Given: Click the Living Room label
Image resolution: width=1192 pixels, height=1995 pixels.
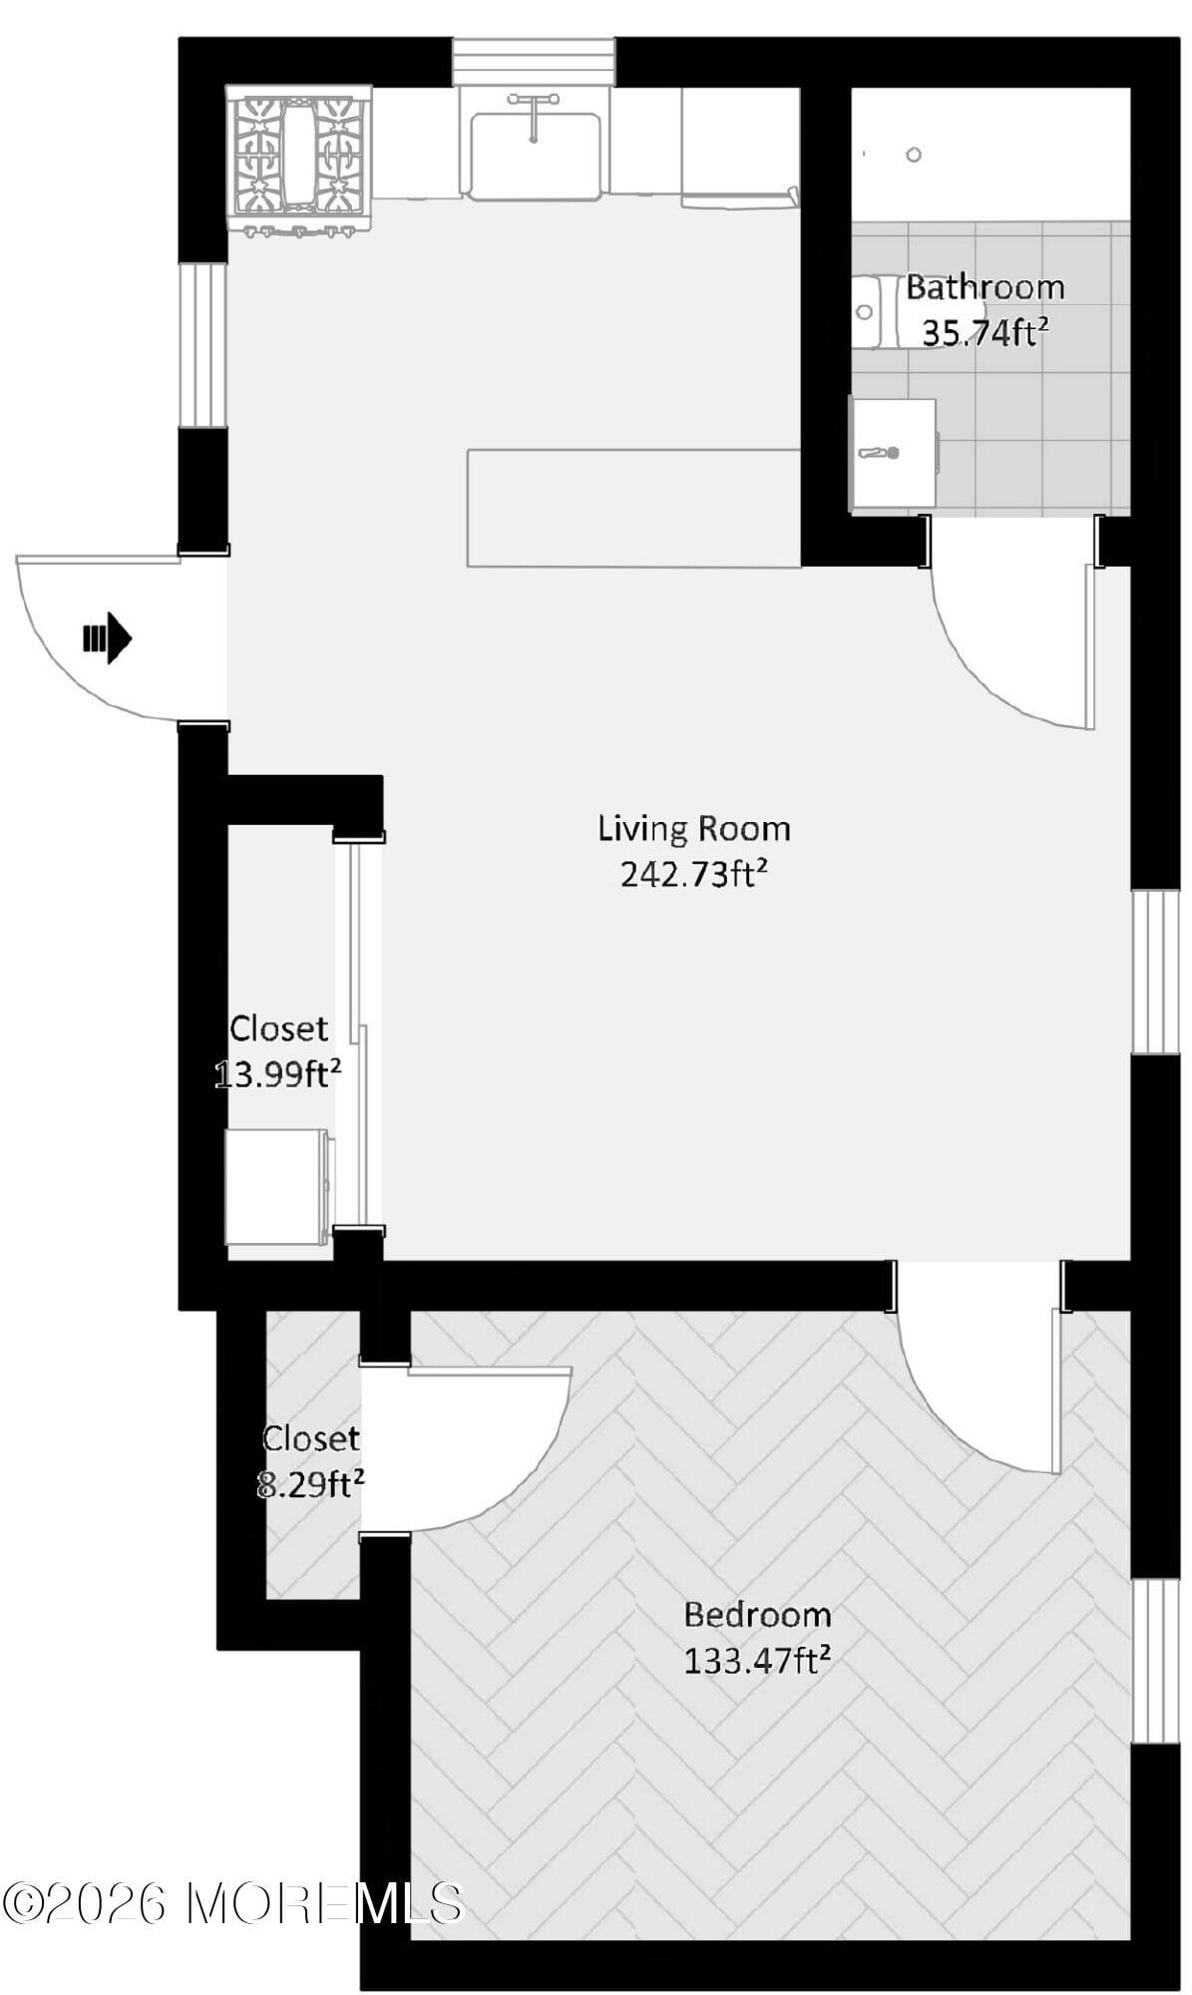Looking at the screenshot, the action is click(x=694, y=828).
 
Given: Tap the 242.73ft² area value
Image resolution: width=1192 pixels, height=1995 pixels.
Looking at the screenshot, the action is click(x=694, y=874).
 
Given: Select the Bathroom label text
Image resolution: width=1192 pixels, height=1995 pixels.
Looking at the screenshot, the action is click(x=985, y=287).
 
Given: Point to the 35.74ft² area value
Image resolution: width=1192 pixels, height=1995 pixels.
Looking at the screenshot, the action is click(x=985, y=332).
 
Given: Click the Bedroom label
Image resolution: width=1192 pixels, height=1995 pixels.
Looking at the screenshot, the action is click(x=757, y=1613).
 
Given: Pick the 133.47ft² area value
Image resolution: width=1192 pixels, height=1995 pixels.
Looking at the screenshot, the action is click(x=757, y=1660).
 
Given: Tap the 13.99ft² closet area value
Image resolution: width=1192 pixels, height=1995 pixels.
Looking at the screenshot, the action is click(x=278, y=1074).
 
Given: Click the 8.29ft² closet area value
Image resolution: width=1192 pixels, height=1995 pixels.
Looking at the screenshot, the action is click(x=310, y=1484).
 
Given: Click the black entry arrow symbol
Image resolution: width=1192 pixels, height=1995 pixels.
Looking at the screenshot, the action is click(x=107, y=637).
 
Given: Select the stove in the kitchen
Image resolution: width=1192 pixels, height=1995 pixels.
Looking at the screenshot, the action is click(x=299, y=161).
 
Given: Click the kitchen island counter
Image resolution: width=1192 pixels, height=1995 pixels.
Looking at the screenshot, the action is click(x=634, y=508).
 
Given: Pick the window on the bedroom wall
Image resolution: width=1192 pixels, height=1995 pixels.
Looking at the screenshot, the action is click(x=1155, y=1661).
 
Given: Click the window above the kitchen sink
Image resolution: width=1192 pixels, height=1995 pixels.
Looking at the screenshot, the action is click(x=534, y=62).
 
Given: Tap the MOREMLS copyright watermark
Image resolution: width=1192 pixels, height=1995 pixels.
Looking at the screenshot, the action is click(x=233, y=1902).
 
